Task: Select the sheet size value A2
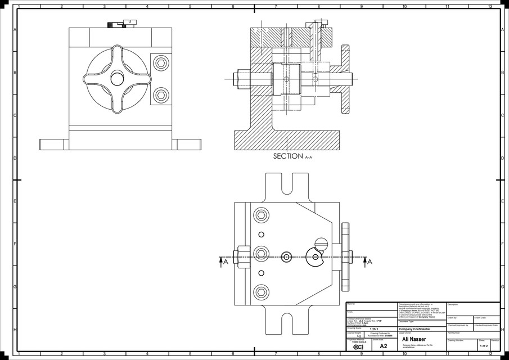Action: (384, 346)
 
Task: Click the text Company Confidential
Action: (415, 329)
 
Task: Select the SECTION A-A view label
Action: (292, 156)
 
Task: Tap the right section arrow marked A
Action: (367, 261)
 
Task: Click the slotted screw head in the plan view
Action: (322, 243)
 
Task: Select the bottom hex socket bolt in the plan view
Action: (261, 291)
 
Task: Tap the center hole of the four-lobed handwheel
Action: (118, 79)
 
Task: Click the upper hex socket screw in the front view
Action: (161, 63)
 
